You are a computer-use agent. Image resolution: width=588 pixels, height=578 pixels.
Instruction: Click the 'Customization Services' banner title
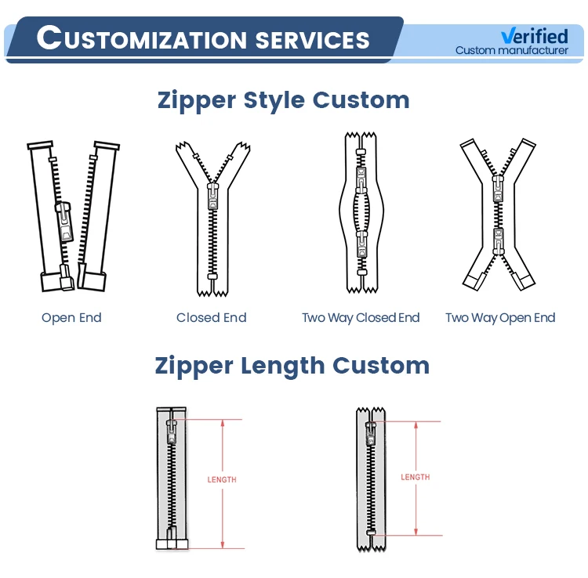coord(203,38)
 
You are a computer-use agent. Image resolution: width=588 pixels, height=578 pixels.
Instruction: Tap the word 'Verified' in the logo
coord(534,36)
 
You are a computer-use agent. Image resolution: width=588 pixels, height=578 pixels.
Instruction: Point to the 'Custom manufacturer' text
coord(512,51)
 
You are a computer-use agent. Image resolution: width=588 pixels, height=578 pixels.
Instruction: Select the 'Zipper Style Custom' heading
coord(283,100)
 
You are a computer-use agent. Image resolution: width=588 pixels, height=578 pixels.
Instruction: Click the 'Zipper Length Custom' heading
coord(292,365)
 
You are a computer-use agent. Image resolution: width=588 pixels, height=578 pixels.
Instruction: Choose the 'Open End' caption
coord(71,317)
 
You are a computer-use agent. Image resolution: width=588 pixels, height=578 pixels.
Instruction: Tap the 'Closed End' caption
coord(212,317)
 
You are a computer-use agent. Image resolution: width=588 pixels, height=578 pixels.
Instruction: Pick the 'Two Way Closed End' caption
coord(361,317)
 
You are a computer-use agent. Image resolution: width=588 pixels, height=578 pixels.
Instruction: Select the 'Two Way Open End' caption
coord(500,317)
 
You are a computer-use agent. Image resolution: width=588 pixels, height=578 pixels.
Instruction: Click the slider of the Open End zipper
coord(63,222)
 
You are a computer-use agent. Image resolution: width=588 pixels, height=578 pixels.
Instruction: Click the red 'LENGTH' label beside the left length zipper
coord(222,479)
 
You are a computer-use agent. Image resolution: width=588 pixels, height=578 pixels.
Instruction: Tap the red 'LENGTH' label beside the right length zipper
coord(415,477)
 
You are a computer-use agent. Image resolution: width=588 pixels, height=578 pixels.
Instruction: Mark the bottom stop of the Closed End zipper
coord(212,278)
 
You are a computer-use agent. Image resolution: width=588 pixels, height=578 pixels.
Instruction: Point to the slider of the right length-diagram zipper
coord(370,429)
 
